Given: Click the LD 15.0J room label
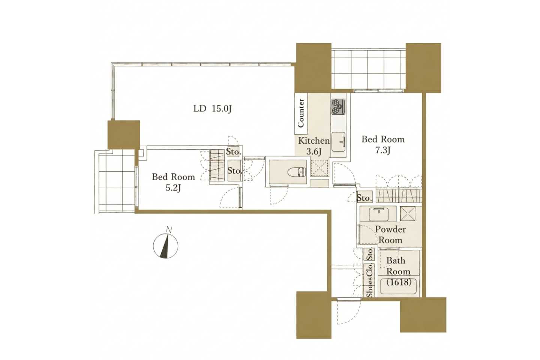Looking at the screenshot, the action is click(212, 109).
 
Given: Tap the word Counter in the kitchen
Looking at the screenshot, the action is click(301, 113).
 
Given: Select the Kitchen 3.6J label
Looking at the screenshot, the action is click(314, 146).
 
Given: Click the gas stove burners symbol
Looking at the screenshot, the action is click(338, 106).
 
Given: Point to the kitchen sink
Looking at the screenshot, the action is click(339, 141).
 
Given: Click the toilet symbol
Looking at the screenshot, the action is click(297, 172).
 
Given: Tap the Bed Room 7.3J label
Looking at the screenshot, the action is click(383, 145).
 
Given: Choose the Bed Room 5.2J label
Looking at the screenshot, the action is click(173, 182).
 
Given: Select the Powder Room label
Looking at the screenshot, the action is click(390, 235).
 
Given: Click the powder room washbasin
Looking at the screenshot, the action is click(379, 214).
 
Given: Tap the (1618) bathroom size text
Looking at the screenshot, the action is click(399, 282).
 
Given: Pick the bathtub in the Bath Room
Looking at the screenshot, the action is click(399, 286).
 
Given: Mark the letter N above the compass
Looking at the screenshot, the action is click(169, 230).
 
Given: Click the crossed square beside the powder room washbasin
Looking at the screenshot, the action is click(408, 213).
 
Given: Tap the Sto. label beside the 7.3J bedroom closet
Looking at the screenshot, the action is click(364, 198).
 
